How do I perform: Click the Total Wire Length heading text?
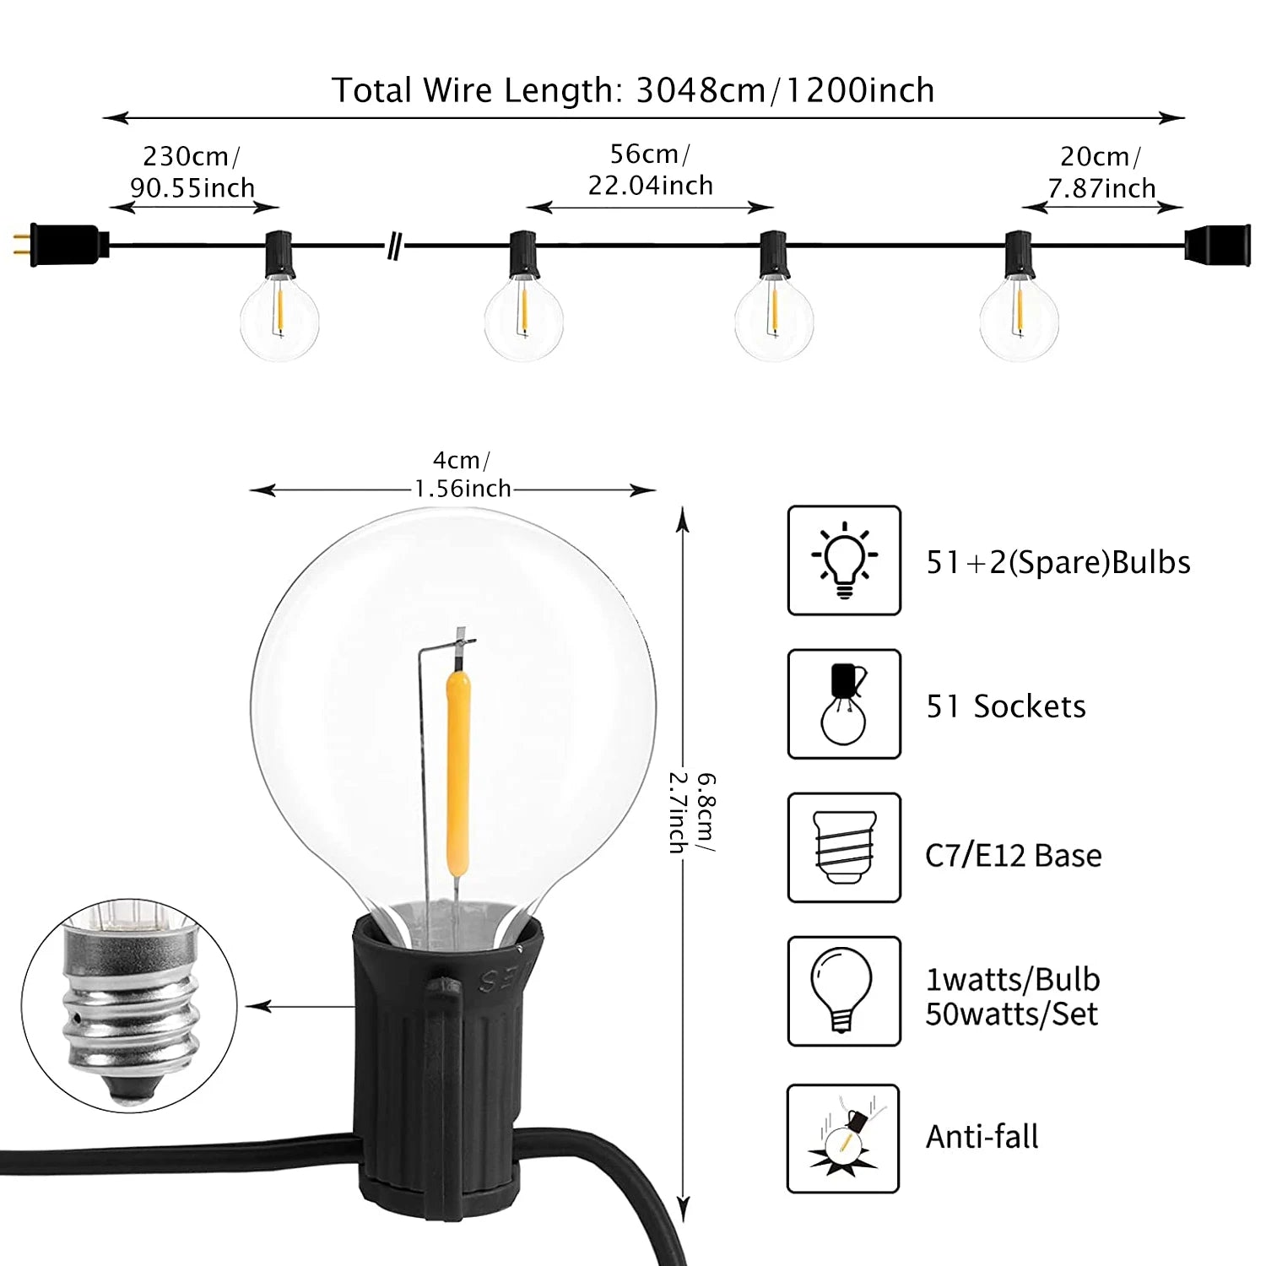pos(633,90)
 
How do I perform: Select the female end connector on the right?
pos(1217,245)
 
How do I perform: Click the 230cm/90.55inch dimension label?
pos(192,172)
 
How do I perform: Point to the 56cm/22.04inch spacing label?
pos(650,170)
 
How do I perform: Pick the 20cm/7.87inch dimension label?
pos(1101,172)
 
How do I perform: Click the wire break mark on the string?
pos(394,247)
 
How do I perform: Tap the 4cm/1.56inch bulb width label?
pos(462,474)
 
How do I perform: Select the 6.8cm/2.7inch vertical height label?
pos(692,812)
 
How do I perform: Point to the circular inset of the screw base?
pos(129,1006)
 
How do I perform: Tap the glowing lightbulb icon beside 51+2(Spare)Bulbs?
pos(844,560)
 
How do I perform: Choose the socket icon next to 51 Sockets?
pos(844,704)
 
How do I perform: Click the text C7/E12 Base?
pos(1014,856)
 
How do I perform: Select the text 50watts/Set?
pos(1012,1014)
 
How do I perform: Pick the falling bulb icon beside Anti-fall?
pos(843,1139)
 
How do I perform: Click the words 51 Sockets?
pos(1006,706)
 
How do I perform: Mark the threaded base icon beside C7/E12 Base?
pos(845,847)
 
